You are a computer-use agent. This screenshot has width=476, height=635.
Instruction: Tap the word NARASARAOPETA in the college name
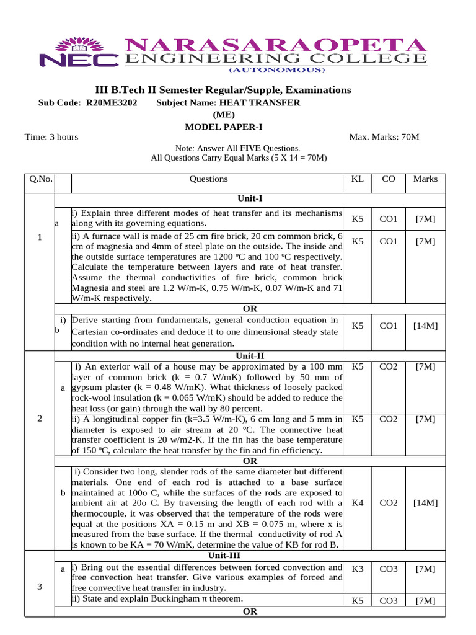point(276,45)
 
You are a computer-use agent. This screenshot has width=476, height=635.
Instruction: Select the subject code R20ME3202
point(112,102)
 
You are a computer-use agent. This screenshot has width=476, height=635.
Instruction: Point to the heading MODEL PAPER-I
point(224,127)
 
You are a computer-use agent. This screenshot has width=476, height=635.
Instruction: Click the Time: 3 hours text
point(51,137)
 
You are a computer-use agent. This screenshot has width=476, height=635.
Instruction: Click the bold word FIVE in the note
point(250,149)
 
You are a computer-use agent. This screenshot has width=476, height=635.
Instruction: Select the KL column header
point(358,179)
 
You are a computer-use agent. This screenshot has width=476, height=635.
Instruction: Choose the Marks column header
point(425,179)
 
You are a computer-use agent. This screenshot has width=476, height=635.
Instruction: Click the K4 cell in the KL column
point(358,503)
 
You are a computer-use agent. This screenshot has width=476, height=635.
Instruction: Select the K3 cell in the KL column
point(358,569)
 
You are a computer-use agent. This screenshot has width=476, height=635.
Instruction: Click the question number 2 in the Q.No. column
point(40,419)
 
